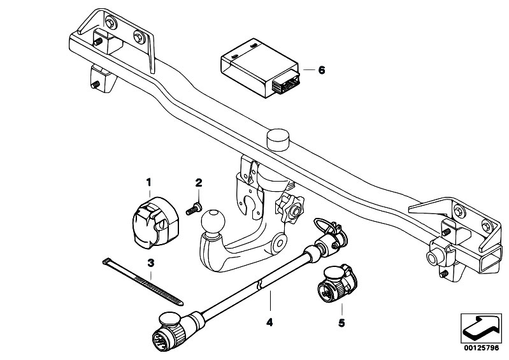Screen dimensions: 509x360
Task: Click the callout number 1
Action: point(148,182)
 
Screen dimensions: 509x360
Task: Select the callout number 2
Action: point(199,182)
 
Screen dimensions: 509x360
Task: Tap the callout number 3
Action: point(150,263)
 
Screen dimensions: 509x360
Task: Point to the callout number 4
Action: point(269,322)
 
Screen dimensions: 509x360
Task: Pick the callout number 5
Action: point(341,323)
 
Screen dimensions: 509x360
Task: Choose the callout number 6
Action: point(321,70)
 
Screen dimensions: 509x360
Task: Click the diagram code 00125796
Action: point(481,348)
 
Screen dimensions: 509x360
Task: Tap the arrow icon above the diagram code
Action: point(481,329)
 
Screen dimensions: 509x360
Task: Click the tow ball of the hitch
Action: point(213,220)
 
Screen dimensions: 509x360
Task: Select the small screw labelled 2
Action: point(194,209)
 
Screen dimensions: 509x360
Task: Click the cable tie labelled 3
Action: point(143,282)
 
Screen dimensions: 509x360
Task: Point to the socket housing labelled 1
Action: point(155,222)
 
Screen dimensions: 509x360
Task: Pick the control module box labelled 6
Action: point(260,68)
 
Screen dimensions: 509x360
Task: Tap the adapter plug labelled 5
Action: point(336,284)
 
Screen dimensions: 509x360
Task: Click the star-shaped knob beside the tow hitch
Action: point(290,209)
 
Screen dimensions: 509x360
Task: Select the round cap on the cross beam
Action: point(278,140)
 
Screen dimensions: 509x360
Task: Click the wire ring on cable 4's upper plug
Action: point(322,224)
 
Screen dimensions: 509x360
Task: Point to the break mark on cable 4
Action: point(259,285)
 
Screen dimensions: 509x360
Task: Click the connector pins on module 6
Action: point(285,83)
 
